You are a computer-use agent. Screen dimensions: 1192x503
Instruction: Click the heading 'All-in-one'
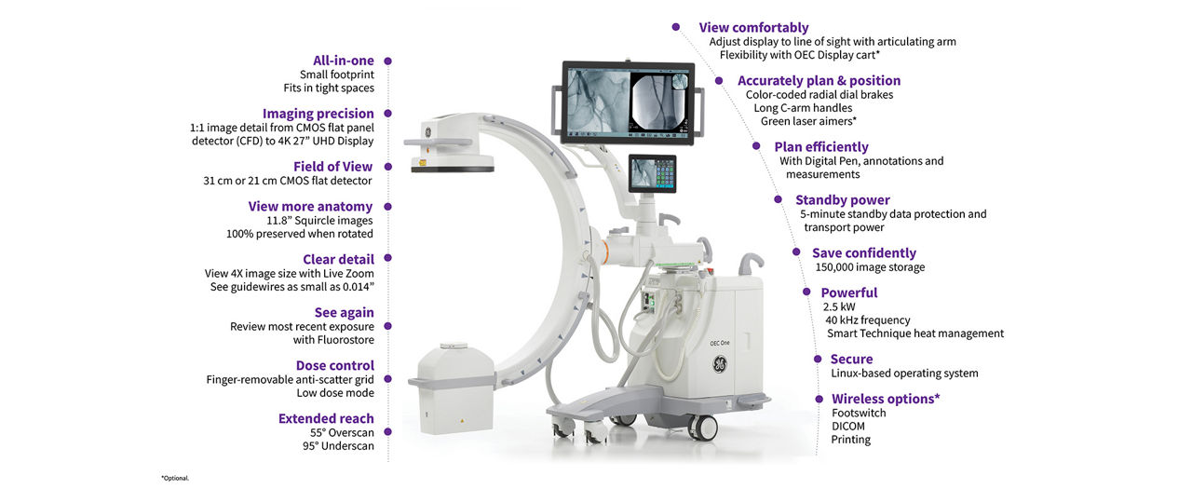pyautogui.click(x=344, y=61)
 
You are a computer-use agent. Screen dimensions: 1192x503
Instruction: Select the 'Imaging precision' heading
pyautogui.click(x=318, y=114)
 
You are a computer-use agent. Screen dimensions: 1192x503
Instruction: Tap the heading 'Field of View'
pyautogui.click(x=333, y=167)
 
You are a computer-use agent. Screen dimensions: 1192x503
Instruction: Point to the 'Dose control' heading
pyautogui.click(x=335, y=366)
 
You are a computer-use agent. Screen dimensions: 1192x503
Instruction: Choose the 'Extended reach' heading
pyautogui.click(x=326, y=419)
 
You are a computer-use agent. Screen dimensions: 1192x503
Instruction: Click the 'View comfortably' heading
pyautogui.click(x=753, y=28)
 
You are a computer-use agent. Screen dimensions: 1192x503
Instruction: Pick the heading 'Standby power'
pyautogui.click(x=843, y=200)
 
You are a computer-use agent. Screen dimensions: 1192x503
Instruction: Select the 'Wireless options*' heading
pyautogui.click(x=886, y=399)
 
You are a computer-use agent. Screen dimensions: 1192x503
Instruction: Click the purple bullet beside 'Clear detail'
pyautogui.click(x=388, y=258)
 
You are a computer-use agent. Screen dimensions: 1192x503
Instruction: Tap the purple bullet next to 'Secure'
pyautogui.click(x=818, y=360)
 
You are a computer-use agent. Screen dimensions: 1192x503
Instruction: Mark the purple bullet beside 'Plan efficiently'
pyautogui.click(x=756, y=146)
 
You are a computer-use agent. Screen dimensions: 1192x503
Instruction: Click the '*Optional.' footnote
pyautogui.click(x=175, y=478)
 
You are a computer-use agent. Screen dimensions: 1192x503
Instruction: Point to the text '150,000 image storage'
pyautogui.click(x=870, y=267)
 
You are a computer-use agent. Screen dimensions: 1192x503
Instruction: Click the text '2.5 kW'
pyautogui.click(x=839, y=307)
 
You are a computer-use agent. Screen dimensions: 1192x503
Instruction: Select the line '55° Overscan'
pyautogui.click(x=342, y=433)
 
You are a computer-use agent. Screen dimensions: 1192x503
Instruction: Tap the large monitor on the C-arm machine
pyautogui.click(x=629, y=102)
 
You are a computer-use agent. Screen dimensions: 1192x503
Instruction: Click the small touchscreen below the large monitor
pyautogui.click(x=653, y=173)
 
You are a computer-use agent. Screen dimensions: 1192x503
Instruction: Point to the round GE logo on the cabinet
pyautogui.click(x=720, y=364)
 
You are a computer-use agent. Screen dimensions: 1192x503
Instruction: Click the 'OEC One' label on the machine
pyautogui.click(x=720, y=344)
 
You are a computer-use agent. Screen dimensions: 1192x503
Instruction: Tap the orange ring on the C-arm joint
pyautogui.click(x=605, y=252)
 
